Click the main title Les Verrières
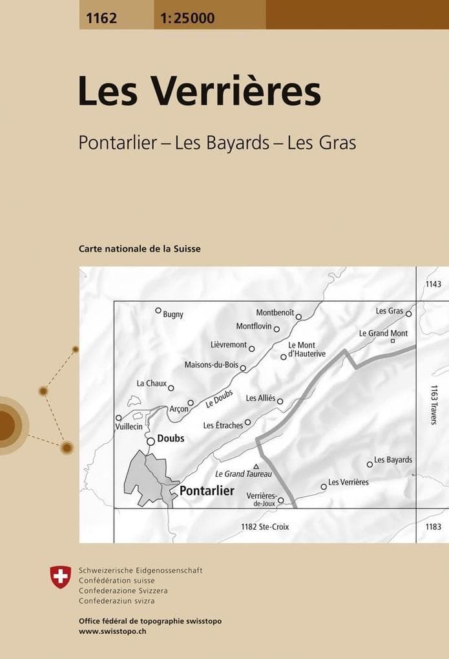point(199,92)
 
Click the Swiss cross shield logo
point(61,576)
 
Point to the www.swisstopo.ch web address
point(112,631)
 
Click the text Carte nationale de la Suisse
point(140,249)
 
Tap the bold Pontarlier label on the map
point(207,491)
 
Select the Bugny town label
point(173,315)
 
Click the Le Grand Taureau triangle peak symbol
point(256,466)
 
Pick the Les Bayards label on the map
point(393,460)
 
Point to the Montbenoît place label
point(275,313)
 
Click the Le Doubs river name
point(219,399)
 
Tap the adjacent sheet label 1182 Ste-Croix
point(265,527)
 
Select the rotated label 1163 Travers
point(433,404)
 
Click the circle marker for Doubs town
point(151,441)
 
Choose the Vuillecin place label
point(129,427)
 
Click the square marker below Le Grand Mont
point(392,341)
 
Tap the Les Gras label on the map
point(390,311)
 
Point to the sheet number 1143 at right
point(433,285)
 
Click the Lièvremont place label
point(229,344)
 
